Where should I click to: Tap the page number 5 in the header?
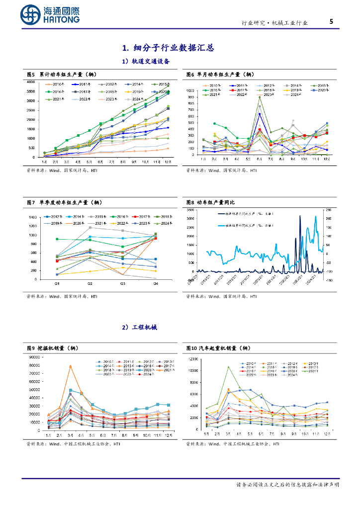coord(331,22)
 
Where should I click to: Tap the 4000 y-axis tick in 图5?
coord(30,82)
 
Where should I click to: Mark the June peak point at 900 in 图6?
coord(260,97)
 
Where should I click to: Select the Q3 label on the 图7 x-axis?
coord(122,283)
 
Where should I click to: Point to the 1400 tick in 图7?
coord(33,218)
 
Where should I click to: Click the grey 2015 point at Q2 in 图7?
coord(90,228)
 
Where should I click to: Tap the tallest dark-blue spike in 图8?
coord(300,216)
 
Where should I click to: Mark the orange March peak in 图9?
coord(70,366)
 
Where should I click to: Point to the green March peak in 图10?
coord(228,367)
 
